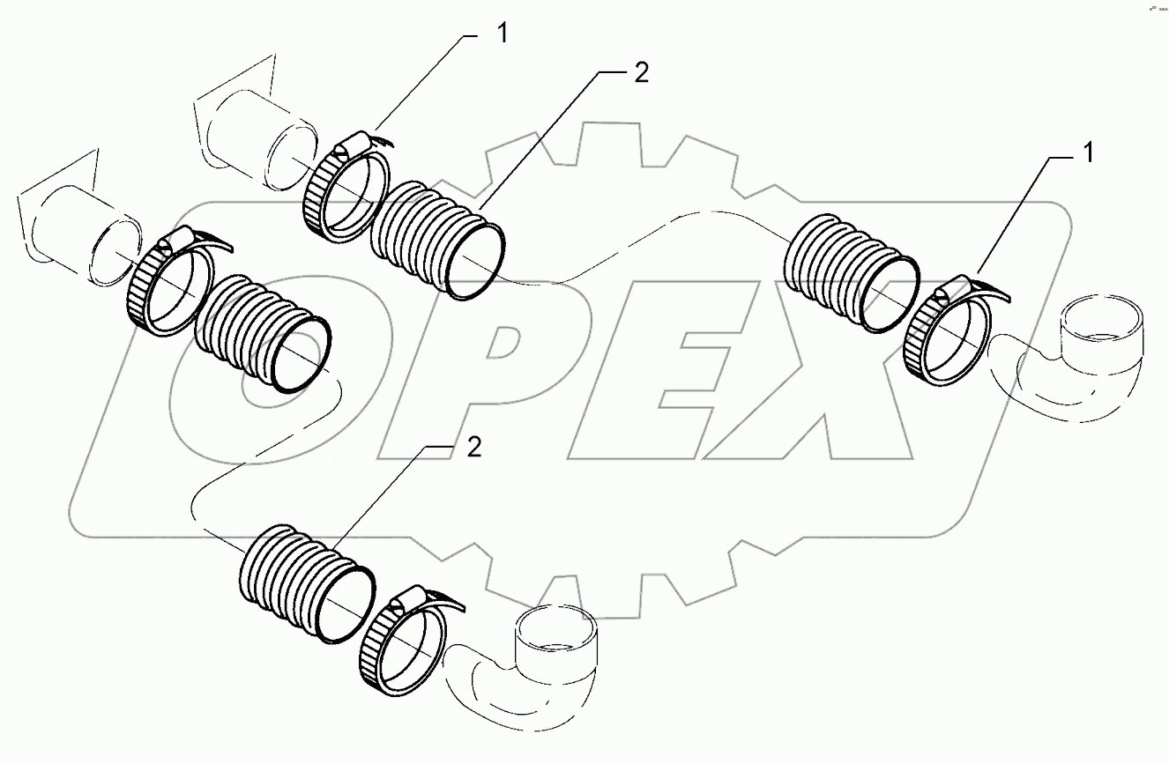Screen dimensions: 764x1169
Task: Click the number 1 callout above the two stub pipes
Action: [x=502, y=35]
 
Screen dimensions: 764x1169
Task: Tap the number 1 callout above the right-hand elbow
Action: [x=1088, y=155]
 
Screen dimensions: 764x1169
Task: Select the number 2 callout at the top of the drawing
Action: [x=641, y=74]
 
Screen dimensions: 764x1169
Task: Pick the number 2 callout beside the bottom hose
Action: [x=473, y=448]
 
